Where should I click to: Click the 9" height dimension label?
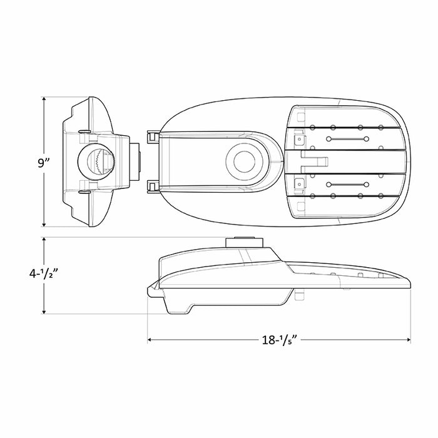point(43,163)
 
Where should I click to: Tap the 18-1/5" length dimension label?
point(279,340)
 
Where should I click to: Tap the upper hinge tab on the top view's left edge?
point(151,137)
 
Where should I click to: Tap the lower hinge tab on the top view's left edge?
point(151,185)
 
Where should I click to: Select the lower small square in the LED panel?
point(299,185)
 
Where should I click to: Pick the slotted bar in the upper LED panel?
point(350,138)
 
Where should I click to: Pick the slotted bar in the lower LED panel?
point(350,185)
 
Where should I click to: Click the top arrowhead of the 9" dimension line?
point(44,99)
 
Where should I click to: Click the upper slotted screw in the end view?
point(83,131)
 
